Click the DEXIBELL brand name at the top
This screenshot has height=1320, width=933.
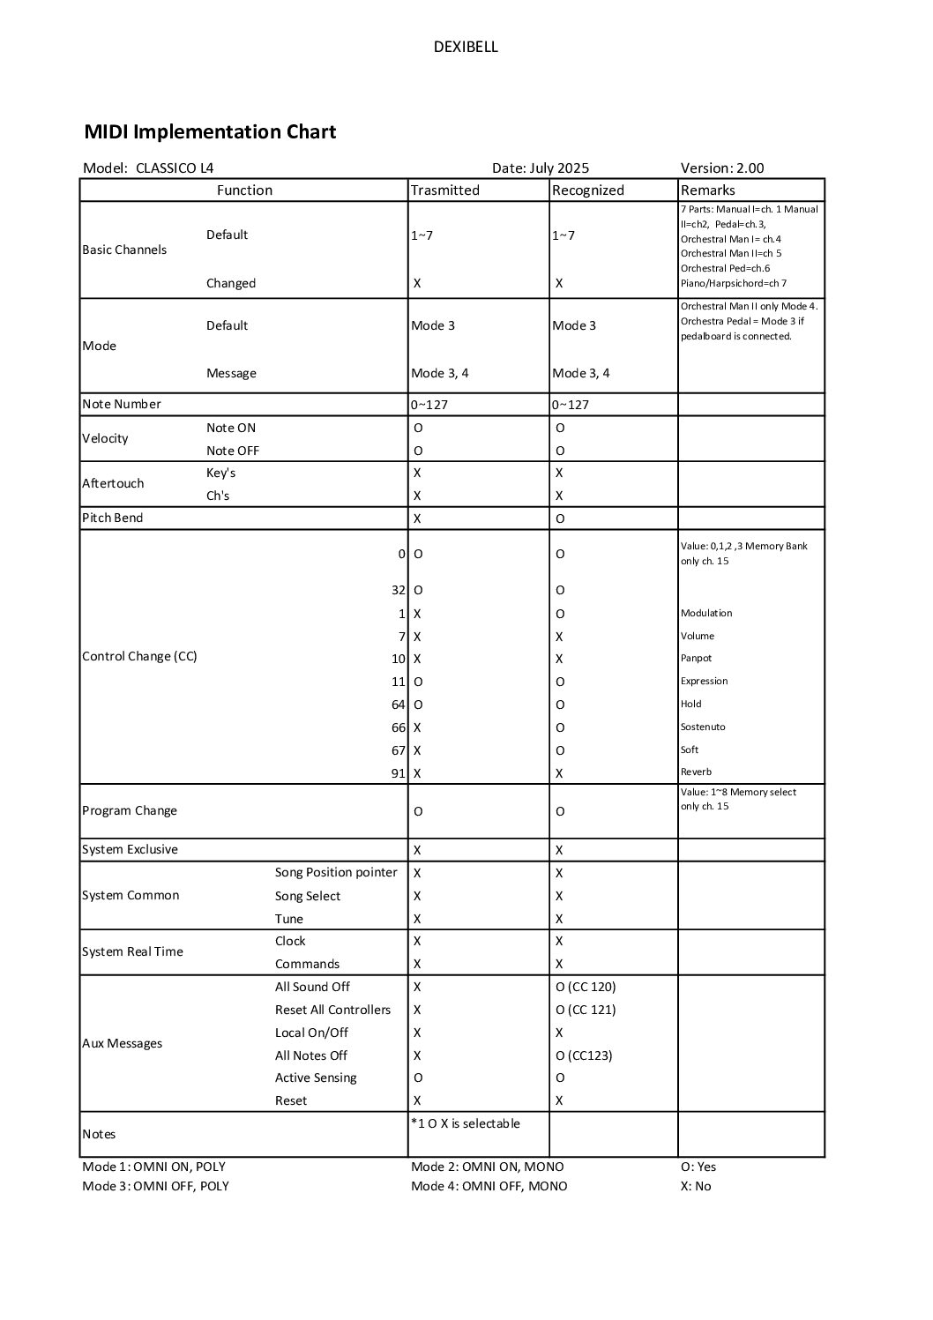[466, 48]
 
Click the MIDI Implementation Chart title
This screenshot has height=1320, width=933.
[210, 132]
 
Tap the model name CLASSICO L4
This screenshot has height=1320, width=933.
[175, 168]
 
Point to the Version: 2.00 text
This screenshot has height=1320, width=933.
[722, 168]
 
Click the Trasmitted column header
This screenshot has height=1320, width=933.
[445, 190]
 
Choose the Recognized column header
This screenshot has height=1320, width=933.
[588, 190]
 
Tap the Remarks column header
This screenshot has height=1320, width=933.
[707, 190]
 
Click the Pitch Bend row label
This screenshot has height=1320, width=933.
[112, 518]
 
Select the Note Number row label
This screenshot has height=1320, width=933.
[122, 405]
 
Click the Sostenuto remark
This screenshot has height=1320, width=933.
[703, 727]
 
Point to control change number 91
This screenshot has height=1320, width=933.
[399, 773]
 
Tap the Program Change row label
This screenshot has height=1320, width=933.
[130, 811]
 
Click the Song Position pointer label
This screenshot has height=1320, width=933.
[336, 873]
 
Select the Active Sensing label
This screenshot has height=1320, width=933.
[316, 1078]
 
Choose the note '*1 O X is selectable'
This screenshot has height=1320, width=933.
[466, 1124]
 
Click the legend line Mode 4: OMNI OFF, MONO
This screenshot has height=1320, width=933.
[489, 1187]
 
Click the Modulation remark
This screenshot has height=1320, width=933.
[706, 614]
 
